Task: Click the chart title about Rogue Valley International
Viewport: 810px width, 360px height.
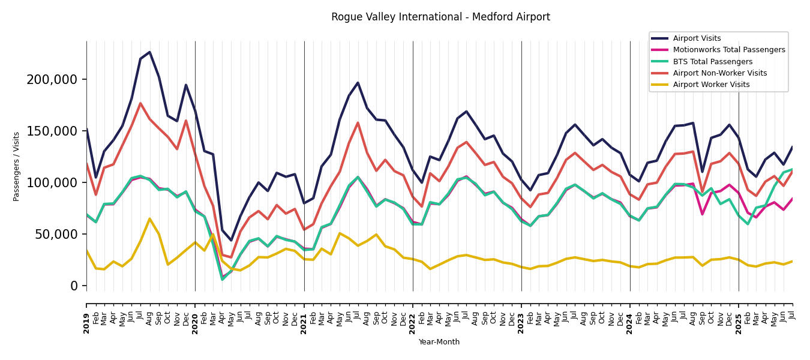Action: click(440, 17)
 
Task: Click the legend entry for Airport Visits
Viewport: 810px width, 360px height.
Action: click(697, 38)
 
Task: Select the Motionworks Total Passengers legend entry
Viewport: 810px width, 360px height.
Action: click(728, 50)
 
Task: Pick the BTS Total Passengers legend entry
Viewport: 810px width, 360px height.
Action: click(712, 62)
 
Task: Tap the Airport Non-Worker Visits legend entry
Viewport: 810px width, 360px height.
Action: click(719, 73)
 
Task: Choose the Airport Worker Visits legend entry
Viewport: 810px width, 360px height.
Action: click(711, 85)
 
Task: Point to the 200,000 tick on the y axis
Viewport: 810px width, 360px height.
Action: click(52, 80)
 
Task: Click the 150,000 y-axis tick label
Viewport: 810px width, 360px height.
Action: click(52, 131)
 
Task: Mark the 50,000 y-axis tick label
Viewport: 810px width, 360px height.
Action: click(55, 235)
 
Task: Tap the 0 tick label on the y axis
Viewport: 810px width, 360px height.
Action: click(74, 286)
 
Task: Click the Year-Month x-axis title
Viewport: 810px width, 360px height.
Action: click(439, 342)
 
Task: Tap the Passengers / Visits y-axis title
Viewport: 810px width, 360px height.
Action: click(17, 166)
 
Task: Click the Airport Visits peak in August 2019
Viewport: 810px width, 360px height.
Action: click(149, 52)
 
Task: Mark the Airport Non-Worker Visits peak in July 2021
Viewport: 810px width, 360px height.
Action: click(358, 123)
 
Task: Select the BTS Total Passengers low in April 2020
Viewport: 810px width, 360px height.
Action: click(222, 280)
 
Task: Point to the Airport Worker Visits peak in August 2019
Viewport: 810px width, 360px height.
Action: click(149, 218)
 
